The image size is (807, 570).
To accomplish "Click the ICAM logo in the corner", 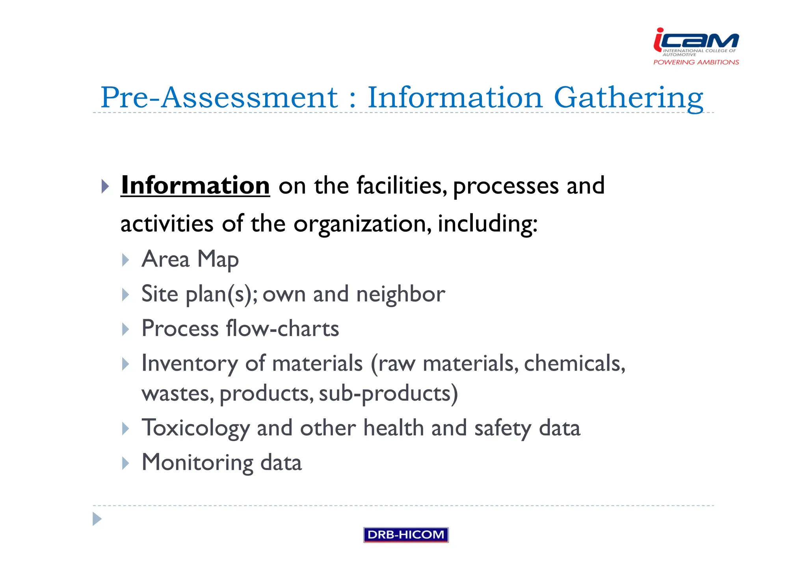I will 696,41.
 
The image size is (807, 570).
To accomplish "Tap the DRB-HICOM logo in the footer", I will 406,535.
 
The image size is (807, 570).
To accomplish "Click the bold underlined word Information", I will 195,185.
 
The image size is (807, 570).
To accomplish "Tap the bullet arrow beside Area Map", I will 126,260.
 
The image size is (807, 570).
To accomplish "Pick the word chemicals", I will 574,363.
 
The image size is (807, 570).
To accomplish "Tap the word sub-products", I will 388,393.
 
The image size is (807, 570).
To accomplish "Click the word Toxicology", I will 195,428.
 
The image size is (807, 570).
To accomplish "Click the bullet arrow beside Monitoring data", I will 126,463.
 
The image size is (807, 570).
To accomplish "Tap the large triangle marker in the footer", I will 97,519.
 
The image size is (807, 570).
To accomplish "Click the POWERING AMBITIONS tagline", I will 696,62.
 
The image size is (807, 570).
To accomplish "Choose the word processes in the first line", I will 506,186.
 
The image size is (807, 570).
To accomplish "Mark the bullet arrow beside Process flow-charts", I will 126,329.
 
